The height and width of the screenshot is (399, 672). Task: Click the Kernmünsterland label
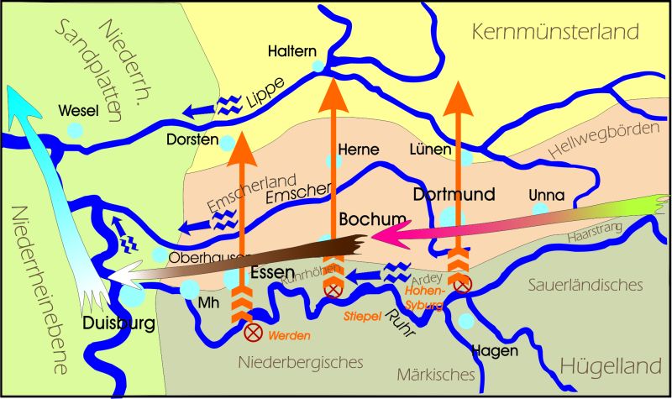(555, 33)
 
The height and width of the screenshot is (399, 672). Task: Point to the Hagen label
(494, 350)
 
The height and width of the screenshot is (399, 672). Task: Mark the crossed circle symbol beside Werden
(250, 332)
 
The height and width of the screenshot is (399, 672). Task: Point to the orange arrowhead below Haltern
(333, 92)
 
